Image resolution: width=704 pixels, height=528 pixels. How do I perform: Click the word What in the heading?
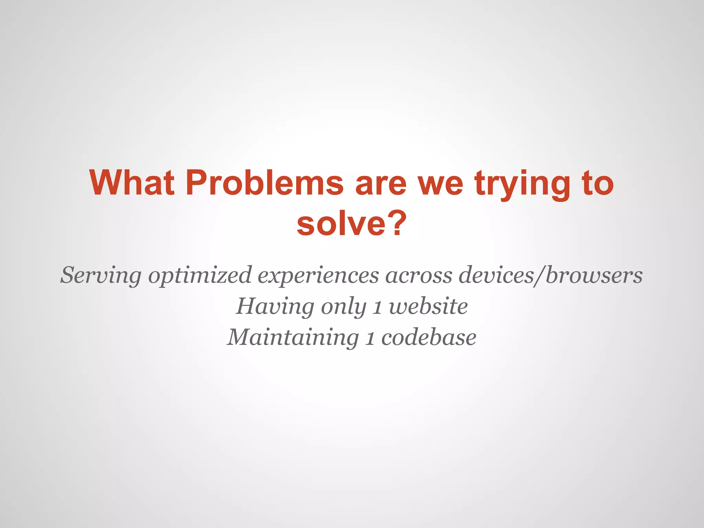tap(132, 183)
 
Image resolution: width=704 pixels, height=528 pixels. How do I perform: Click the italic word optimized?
tap(200, 275)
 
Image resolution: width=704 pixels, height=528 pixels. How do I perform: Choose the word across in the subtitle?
tap(419, 275)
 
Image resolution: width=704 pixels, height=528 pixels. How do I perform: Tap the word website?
tap(428, 306)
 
